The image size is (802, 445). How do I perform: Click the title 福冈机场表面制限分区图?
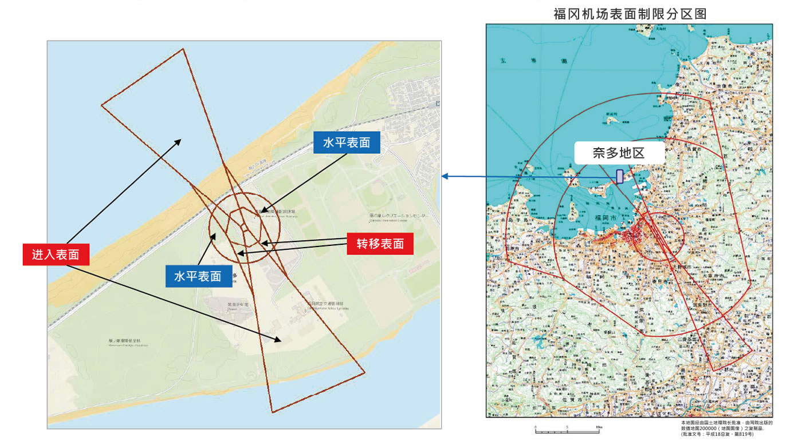[629, 14]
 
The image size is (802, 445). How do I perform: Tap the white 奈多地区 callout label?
[620, 153]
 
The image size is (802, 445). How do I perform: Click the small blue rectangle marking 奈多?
[619, 176]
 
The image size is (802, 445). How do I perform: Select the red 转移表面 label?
[380, 244]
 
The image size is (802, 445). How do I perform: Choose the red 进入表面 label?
[56, 255]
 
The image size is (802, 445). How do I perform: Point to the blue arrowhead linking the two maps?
[445, 176]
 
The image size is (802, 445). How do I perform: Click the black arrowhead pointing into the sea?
[179, 141]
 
